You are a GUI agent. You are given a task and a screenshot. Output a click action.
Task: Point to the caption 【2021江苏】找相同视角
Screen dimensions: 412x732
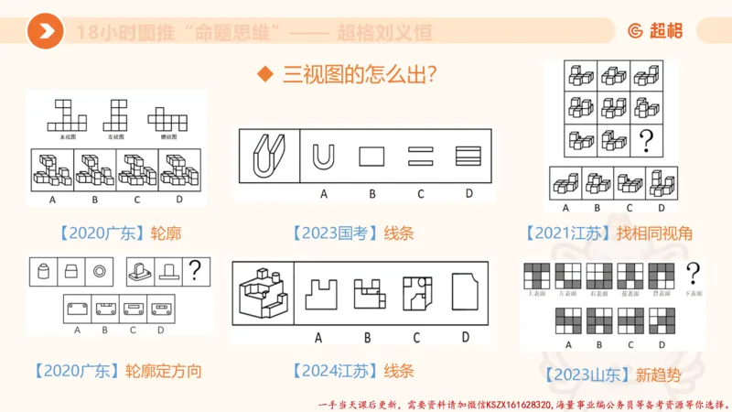tap(609, 233)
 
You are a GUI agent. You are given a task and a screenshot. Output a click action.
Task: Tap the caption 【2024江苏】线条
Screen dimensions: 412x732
tap(353, 371)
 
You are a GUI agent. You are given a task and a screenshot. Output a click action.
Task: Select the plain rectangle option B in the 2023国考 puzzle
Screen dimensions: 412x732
tap(372, 157)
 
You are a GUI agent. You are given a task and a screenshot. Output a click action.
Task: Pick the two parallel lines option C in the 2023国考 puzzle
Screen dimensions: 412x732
tap(420, 157)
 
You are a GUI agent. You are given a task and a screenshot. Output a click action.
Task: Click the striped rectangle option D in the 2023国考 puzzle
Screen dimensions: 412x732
tap(468, 157)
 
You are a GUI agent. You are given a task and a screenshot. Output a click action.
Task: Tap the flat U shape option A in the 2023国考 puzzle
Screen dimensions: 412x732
tap(323, 157)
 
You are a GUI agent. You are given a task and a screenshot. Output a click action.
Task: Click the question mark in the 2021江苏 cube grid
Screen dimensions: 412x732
tap(649, 140)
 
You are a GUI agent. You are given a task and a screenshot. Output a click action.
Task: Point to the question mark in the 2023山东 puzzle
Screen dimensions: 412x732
tap(693, 273)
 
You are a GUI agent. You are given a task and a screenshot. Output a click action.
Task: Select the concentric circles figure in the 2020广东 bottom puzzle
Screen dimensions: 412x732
tap(98, 271)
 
